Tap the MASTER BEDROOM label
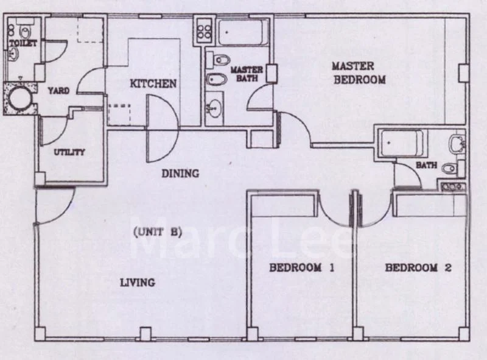pyautogui.click(x=358, y=72)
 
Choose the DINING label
pyautogui.click(x=180, y=174)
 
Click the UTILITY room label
pyautogui.click(x=69, y=152)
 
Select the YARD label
pyautogui.click(x=59, y=91)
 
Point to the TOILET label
pyautogui.click(x=23, y=44)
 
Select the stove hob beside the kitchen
pyautogui.click(x=203, y=30)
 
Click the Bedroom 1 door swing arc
pyautogui.click(x=334, y=210)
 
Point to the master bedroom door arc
pyautogui.click(x=293, y=127)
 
